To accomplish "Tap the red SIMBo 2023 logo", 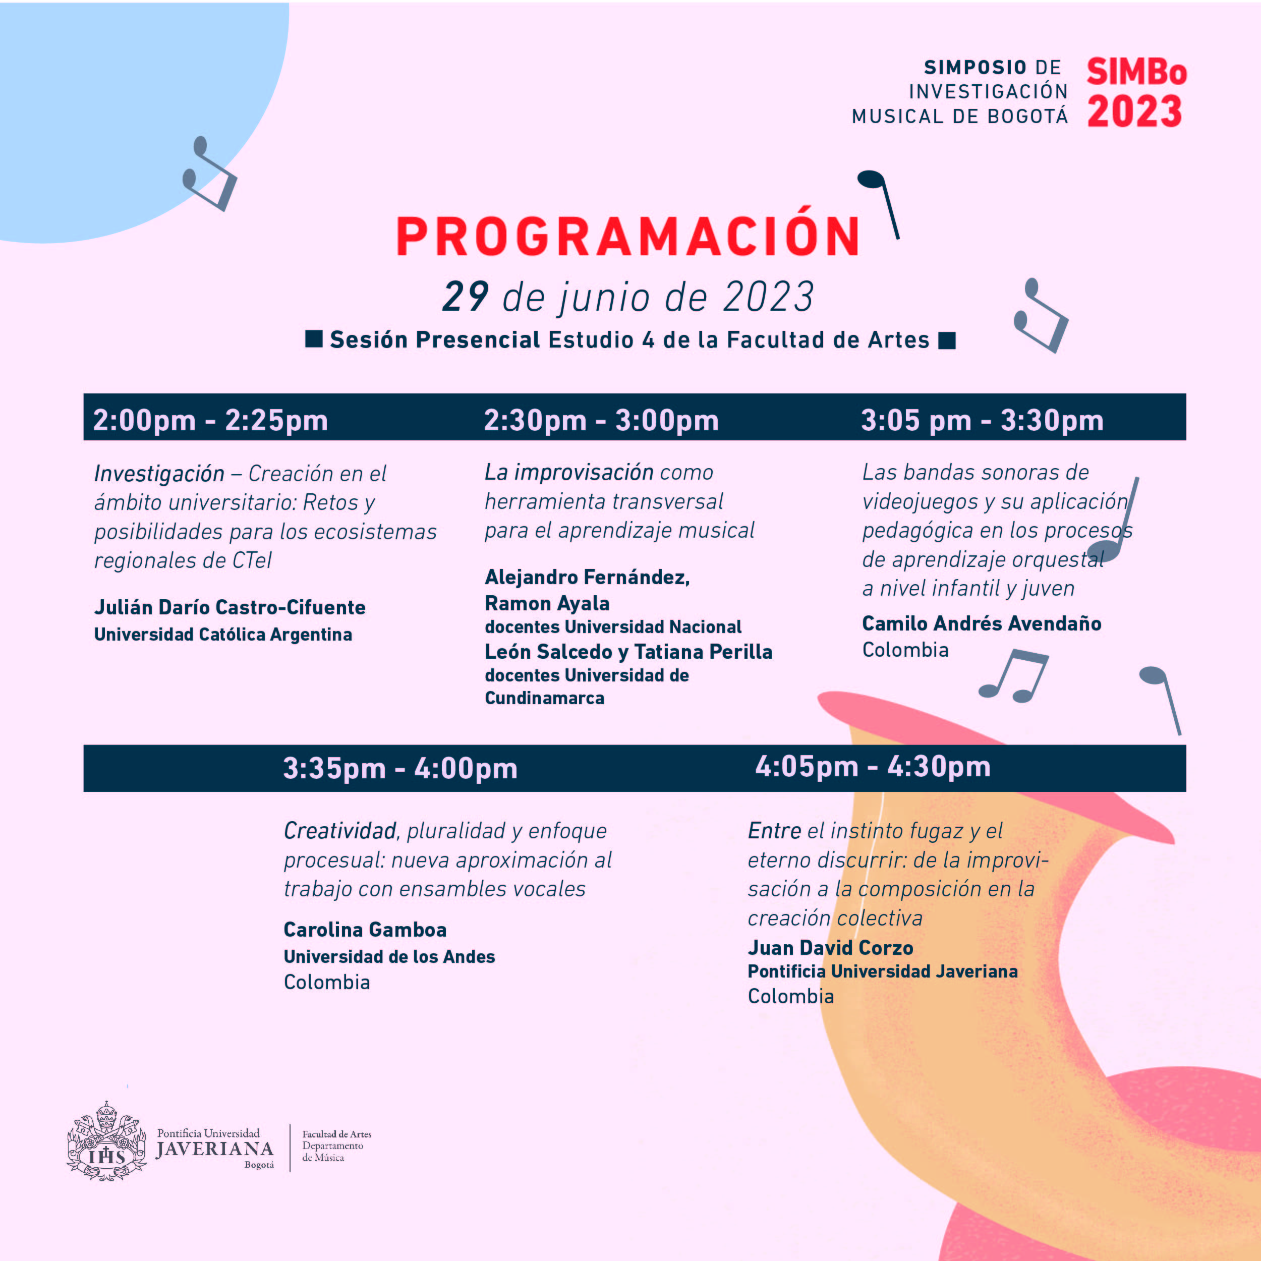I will [x=1136, y=93].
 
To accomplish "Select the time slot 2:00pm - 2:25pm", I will [x=210, y=420].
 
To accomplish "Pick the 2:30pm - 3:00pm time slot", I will [x=600, y=420].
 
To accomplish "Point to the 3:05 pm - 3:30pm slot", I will [x=982, y=420].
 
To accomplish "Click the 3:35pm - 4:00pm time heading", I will [x=400, y=768].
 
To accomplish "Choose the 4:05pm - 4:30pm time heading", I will [x=873, y=766].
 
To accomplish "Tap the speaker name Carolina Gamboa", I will [x=365, y=930].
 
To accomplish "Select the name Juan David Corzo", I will [x=830, y=948].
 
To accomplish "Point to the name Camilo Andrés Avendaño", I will [x=982, y=623].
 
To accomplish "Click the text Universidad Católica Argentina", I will [x=223, y=635].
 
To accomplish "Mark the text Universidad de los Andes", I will [x=389, y=957].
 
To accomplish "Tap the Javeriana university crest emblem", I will [x=106, y=1141].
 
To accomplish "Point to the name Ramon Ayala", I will [x=547, y=603].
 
